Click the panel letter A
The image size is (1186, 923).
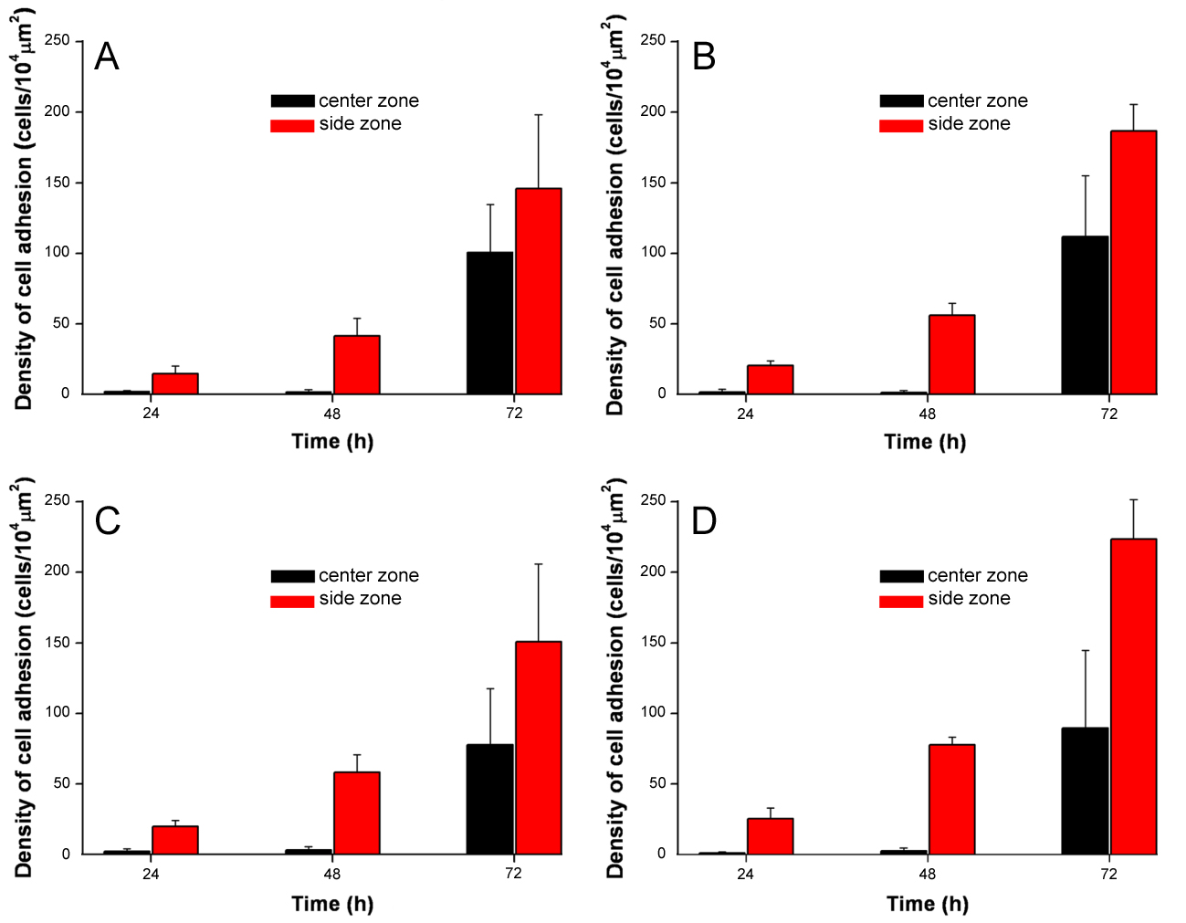[107, 57]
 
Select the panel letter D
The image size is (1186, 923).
[704, 521]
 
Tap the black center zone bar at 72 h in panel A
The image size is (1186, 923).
[489, 323]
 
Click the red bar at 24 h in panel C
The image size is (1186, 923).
[175, 840]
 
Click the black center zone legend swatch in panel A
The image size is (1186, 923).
[292, 100]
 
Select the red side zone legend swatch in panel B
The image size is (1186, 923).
[901, 125]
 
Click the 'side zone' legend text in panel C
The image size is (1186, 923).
[360, 599]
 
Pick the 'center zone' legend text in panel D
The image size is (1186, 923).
[977, 575]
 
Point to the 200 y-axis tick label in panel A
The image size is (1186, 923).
[58, 111]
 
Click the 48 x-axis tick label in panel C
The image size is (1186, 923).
[332, 874]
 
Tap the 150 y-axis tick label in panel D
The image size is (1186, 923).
[654, 642]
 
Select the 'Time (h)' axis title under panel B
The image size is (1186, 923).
[925, 442]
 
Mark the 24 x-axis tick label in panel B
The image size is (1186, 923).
[746, 414]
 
